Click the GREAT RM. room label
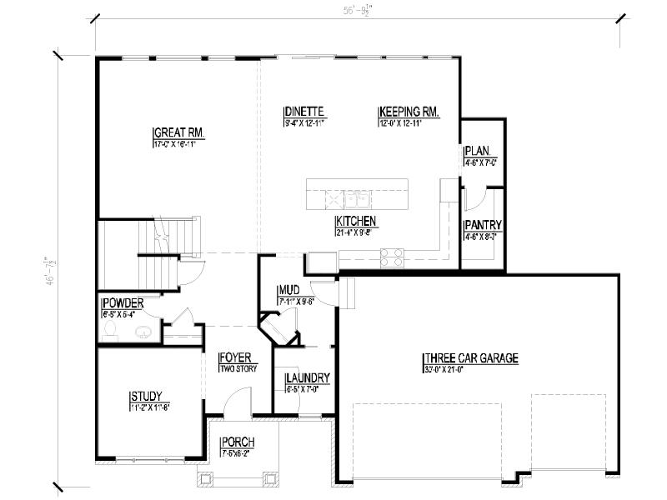(x=178, y=132)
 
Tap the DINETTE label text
(x=303, y=112)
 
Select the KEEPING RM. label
(x=409, y=112)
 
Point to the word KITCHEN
(x=357, y=222)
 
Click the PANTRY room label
(x=483, y=225)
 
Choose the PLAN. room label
(x=477, y=151)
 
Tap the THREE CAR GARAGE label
(x=470, y=358)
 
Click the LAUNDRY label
(x=308, y=377)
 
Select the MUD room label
(x=288, y=291)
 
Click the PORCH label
(x=238, y=442)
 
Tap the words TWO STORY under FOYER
(x=238, y=368)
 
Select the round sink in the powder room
(x=143, y=331)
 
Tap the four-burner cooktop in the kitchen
(x=392, y=257)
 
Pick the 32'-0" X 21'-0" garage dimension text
(x=454, y=369)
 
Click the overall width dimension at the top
(x=355, y=12)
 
